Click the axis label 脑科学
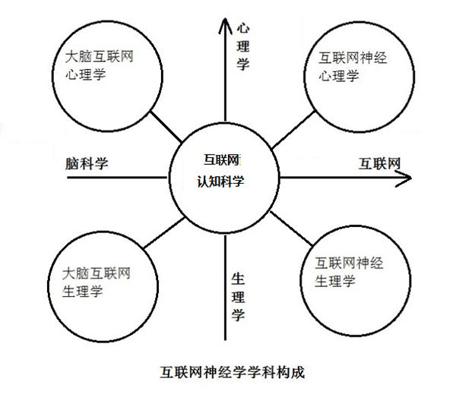click(87, 163)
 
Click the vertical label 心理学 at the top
click(243, 46)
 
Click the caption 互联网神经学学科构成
click(225, 374)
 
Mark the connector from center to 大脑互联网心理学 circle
click(165, 127)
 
